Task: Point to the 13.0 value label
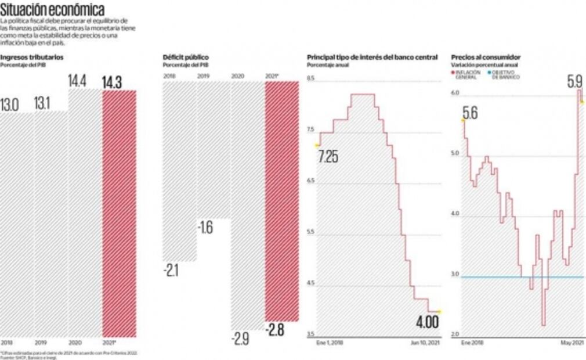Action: pos(10,105)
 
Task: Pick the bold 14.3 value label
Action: pos(112,82)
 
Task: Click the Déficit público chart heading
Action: pos(186,57)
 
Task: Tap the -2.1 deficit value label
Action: pos(171,270)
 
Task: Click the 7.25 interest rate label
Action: pos(328,157)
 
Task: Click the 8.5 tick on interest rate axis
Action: pos(310,78)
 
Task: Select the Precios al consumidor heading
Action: pos(486,57)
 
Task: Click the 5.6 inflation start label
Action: pos(470,113)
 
